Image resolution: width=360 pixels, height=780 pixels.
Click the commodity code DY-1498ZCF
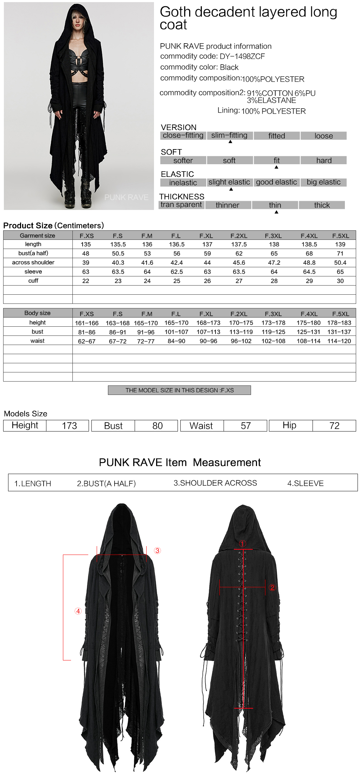click(x=242, y=56)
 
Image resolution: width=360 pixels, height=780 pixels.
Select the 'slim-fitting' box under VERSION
click(x=229, y=135)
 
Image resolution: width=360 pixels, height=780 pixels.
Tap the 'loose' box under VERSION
click(x=323, y=136)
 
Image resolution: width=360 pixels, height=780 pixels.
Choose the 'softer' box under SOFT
click(x=183, y=160)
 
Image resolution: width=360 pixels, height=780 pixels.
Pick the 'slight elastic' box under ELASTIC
click(x=229, y=182)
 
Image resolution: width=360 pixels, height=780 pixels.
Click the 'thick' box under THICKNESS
click(x=322, y=205)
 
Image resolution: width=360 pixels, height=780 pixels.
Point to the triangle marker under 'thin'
click(x=276, y=212)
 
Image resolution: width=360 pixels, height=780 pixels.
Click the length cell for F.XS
click(x=86, y=244)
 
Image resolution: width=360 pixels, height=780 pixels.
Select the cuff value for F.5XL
click(x=340, y=281)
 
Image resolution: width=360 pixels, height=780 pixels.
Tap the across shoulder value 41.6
click(x=147, y=263)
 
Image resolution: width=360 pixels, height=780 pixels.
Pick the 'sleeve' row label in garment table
click(x=33, y=271)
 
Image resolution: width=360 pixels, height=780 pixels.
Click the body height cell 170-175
click(x=241, y=323)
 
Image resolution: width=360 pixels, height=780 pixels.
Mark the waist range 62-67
click(x=86, y=341)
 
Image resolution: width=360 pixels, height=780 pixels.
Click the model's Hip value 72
click(x=334, y=426)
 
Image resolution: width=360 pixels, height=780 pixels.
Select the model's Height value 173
click(x=69, y=426)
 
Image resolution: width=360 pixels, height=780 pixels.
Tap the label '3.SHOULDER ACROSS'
click(x=215, y=483)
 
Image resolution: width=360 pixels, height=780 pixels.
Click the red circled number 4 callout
click(x=78, y=611)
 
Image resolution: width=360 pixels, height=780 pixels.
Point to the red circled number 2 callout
click(x=272, y=587)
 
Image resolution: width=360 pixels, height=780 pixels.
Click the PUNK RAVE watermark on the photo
click(x=126, y=198)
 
